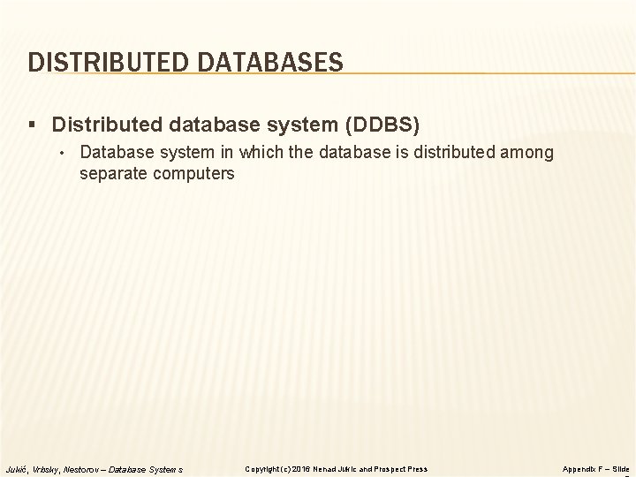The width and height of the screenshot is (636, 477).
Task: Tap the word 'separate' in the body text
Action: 111,173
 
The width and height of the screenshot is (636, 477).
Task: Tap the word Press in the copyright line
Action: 419,468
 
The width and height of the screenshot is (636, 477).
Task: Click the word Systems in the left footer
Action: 168,468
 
